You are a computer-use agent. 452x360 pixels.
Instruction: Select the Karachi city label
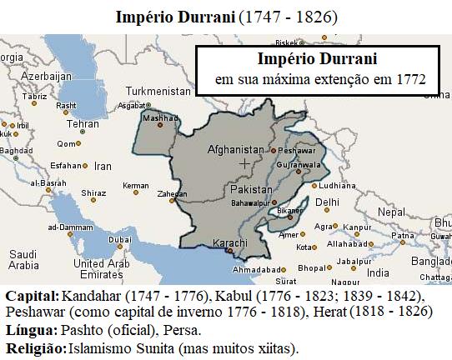coord(230,242)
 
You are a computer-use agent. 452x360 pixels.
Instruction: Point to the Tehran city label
coord(83,123)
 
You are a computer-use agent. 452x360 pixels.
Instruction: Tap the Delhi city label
coord(327,202)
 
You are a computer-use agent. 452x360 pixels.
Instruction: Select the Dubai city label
coord(120,240)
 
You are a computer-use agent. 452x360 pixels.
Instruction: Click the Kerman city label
coord(135,185)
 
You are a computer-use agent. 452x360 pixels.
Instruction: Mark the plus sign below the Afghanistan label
coord(244,165)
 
